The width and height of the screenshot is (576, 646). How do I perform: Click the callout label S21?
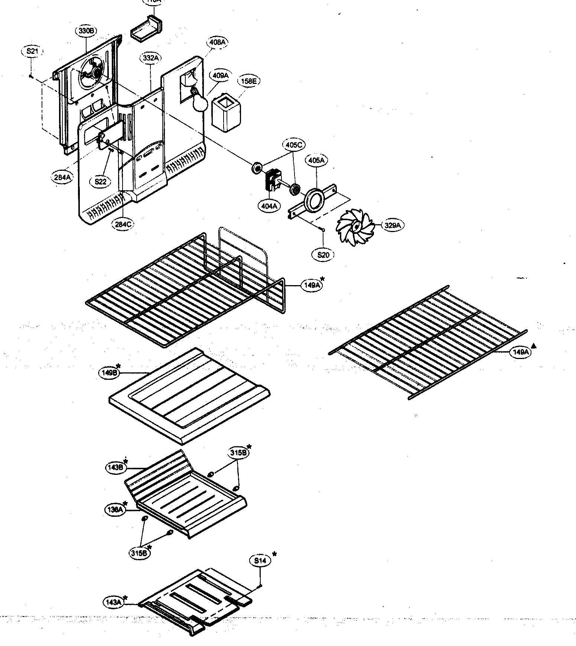(x=32, y=52)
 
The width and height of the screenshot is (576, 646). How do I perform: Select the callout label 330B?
(x=86, y=31)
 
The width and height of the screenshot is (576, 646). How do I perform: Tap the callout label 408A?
(x=217, y=42)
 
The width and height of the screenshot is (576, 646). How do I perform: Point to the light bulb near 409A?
(x=199, y=103)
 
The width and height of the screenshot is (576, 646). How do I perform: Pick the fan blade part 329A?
(x=355, y=228)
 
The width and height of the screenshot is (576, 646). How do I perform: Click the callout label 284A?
(x=62, y=177)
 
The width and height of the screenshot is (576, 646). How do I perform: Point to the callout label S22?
(x=100, y=182)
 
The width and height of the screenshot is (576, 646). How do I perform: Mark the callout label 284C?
(x=123, y=224)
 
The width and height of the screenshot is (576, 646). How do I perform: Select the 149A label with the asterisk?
(x=310, y=285)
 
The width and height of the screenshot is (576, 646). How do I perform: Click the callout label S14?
(x=260, y=561)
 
